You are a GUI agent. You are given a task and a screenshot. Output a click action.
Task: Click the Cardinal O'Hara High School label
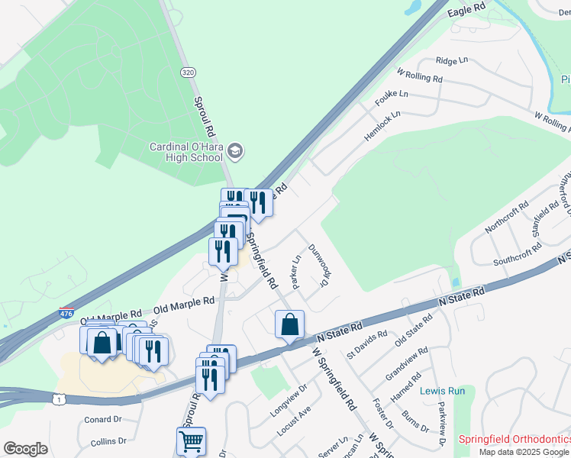point(185,152)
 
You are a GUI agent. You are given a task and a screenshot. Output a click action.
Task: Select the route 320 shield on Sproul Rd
point(187,72)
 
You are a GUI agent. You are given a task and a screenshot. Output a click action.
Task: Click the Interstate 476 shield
point(66,313)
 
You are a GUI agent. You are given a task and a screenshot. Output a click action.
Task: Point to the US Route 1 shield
point(58,398)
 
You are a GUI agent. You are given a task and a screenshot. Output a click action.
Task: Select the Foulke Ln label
point(392,98)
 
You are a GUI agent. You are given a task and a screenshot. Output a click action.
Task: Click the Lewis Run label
point(443,391)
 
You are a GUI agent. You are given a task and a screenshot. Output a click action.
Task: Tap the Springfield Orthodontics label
point(514,440)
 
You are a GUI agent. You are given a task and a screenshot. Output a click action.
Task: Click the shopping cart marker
point(191,440)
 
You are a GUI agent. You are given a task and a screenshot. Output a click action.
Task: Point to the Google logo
point(25,449)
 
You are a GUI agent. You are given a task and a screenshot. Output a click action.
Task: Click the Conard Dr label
point(103,419)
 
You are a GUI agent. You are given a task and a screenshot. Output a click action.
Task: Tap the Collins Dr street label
point(108,441)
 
